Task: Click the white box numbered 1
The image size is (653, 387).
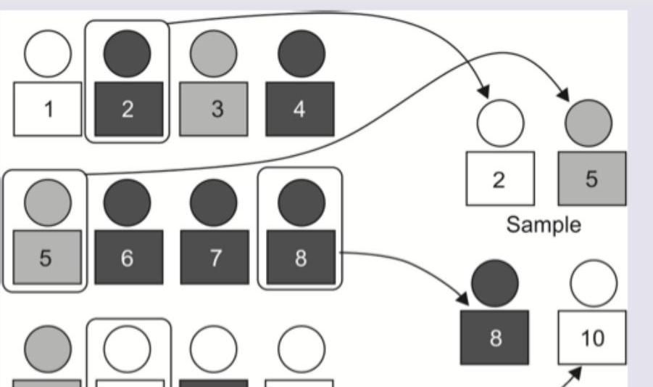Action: pos(48,109)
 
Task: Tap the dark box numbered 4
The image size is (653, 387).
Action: pos(299,109)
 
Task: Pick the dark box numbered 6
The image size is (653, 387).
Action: pos(127,258)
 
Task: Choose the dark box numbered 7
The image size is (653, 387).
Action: pos(214,258)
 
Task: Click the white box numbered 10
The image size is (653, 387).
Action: pos(592,338)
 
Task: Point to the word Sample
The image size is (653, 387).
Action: pos(543,224)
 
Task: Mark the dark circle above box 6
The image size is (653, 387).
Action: pos(127,202)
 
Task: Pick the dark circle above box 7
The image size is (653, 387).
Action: pos(214,202)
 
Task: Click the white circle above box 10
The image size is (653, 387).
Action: pos(594,283)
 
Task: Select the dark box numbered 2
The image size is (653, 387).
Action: pos(127,109)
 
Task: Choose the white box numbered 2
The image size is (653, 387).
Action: pos(499,179)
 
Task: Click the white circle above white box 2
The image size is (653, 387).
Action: pos(500,123)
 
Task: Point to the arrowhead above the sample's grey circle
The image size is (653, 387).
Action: pos(565,94)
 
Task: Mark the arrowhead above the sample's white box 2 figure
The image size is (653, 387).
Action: pos(483,92)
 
